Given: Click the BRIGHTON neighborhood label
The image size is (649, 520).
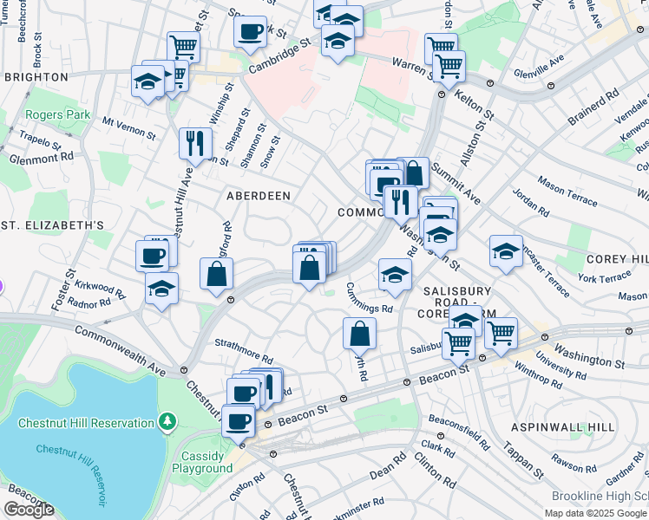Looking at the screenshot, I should point(36,77).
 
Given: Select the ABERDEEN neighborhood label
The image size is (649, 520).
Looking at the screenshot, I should point(259,196).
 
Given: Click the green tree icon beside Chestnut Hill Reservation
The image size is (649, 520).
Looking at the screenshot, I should point(166,422).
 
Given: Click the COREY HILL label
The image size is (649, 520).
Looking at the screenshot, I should point(617,259).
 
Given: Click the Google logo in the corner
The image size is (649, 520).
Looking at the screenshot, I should point(29,510).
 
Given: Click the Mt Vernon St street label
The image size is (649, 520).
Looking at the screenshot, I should point(128,128).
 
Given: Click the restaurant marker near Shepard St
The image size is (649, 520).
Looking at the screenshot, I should point(195,143).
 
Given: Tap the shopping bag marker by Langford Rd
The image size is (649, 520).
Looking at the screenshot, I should point(216,275).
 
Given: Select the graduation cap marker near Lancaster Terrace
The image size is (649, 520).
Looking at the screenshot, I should point(506,251).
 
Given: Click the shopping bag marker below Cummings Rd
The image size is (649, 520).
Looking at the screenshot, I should point(359,333).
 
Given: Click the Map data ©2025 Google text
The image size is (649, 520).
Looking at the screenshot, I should point(596,513).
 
